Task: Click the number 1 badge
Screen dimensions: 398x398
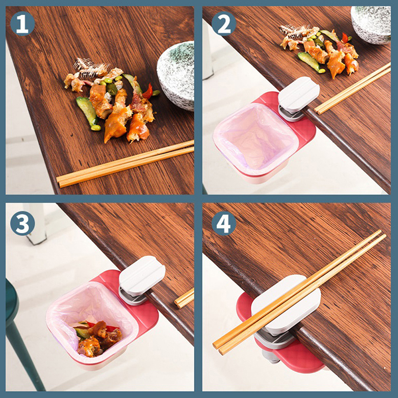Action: click(22, 23)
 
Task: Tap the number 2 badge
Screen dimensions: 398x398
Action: click(224, 23)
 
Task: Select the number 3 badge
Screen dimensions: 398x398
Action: click(22, 223)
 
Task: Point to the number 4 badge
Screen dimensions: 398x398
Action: click(224, 223)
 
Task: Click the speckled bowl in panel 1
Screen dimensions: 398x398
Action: click(177, 75)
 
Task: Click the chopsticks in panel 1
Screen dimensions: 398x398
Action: click(125, 164)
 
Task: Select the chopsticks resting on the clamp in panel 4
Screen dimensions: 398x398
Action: click(299, 292)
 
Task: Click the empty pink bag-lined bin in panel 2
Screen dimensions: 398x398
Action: click(255, 138)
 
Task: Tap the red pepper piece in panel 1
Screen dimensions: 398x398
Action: click(148, 92)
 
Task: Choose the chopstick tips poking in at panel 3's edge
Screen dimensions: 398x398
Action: click(184, 298)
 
